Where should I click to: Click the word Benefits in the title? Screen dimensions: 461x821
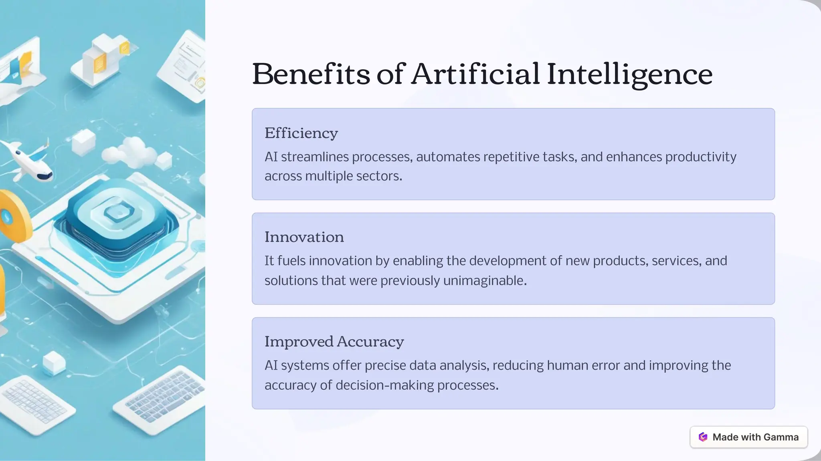311,74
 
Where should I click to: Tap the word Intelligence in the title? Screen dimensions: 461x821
629,75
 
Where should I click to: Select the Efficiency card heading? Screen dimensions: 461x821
301,133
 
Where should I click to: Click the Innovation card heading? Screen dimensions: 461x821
304,237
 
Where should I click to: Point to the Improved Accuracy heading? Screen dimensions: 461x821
334,342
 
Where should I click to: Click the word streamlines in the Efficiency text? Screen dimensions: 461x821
315,157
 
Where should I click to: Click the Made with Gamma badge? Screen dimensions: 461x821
748,437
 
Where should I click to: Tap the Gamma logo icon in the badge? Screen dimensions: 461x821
703,437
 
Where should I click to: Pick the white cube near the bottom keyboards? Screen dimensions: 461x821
54,362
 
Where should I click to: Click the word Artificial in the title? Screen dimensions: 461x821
475,74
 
